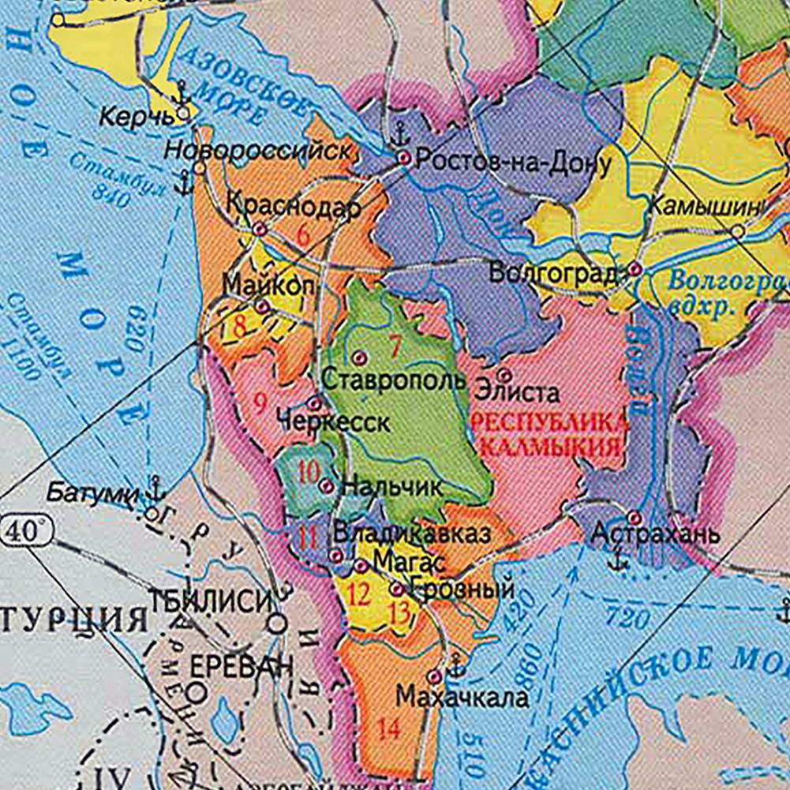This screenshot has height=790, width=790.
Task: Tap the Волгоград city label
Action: [552, 274]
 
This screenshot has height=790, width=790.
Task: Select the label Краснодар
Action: [293, 207]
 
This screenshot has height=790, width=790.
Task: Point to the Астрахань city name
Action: [656, 534]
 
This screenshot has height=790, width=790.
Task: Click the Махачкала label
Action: [462, 698]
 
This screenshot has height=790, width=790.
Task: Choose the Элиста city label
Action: [517, 392]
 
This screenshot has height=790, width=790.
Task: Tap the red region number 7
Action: [395, 346]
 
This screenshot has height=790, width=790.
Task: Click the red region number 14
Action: [388, 730]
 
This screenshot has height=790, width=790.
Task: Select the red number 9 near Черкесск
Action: [260, 404]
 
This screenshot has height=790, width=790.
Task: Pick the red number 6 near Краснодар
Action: [301, 234]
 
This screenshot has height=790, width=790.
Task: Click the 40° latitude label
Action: [25, 531]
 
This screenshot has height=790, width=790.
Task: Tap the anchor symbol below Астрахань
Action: [620, 560]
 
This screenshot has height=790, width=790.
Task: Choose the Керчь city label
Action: [136, 118]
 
